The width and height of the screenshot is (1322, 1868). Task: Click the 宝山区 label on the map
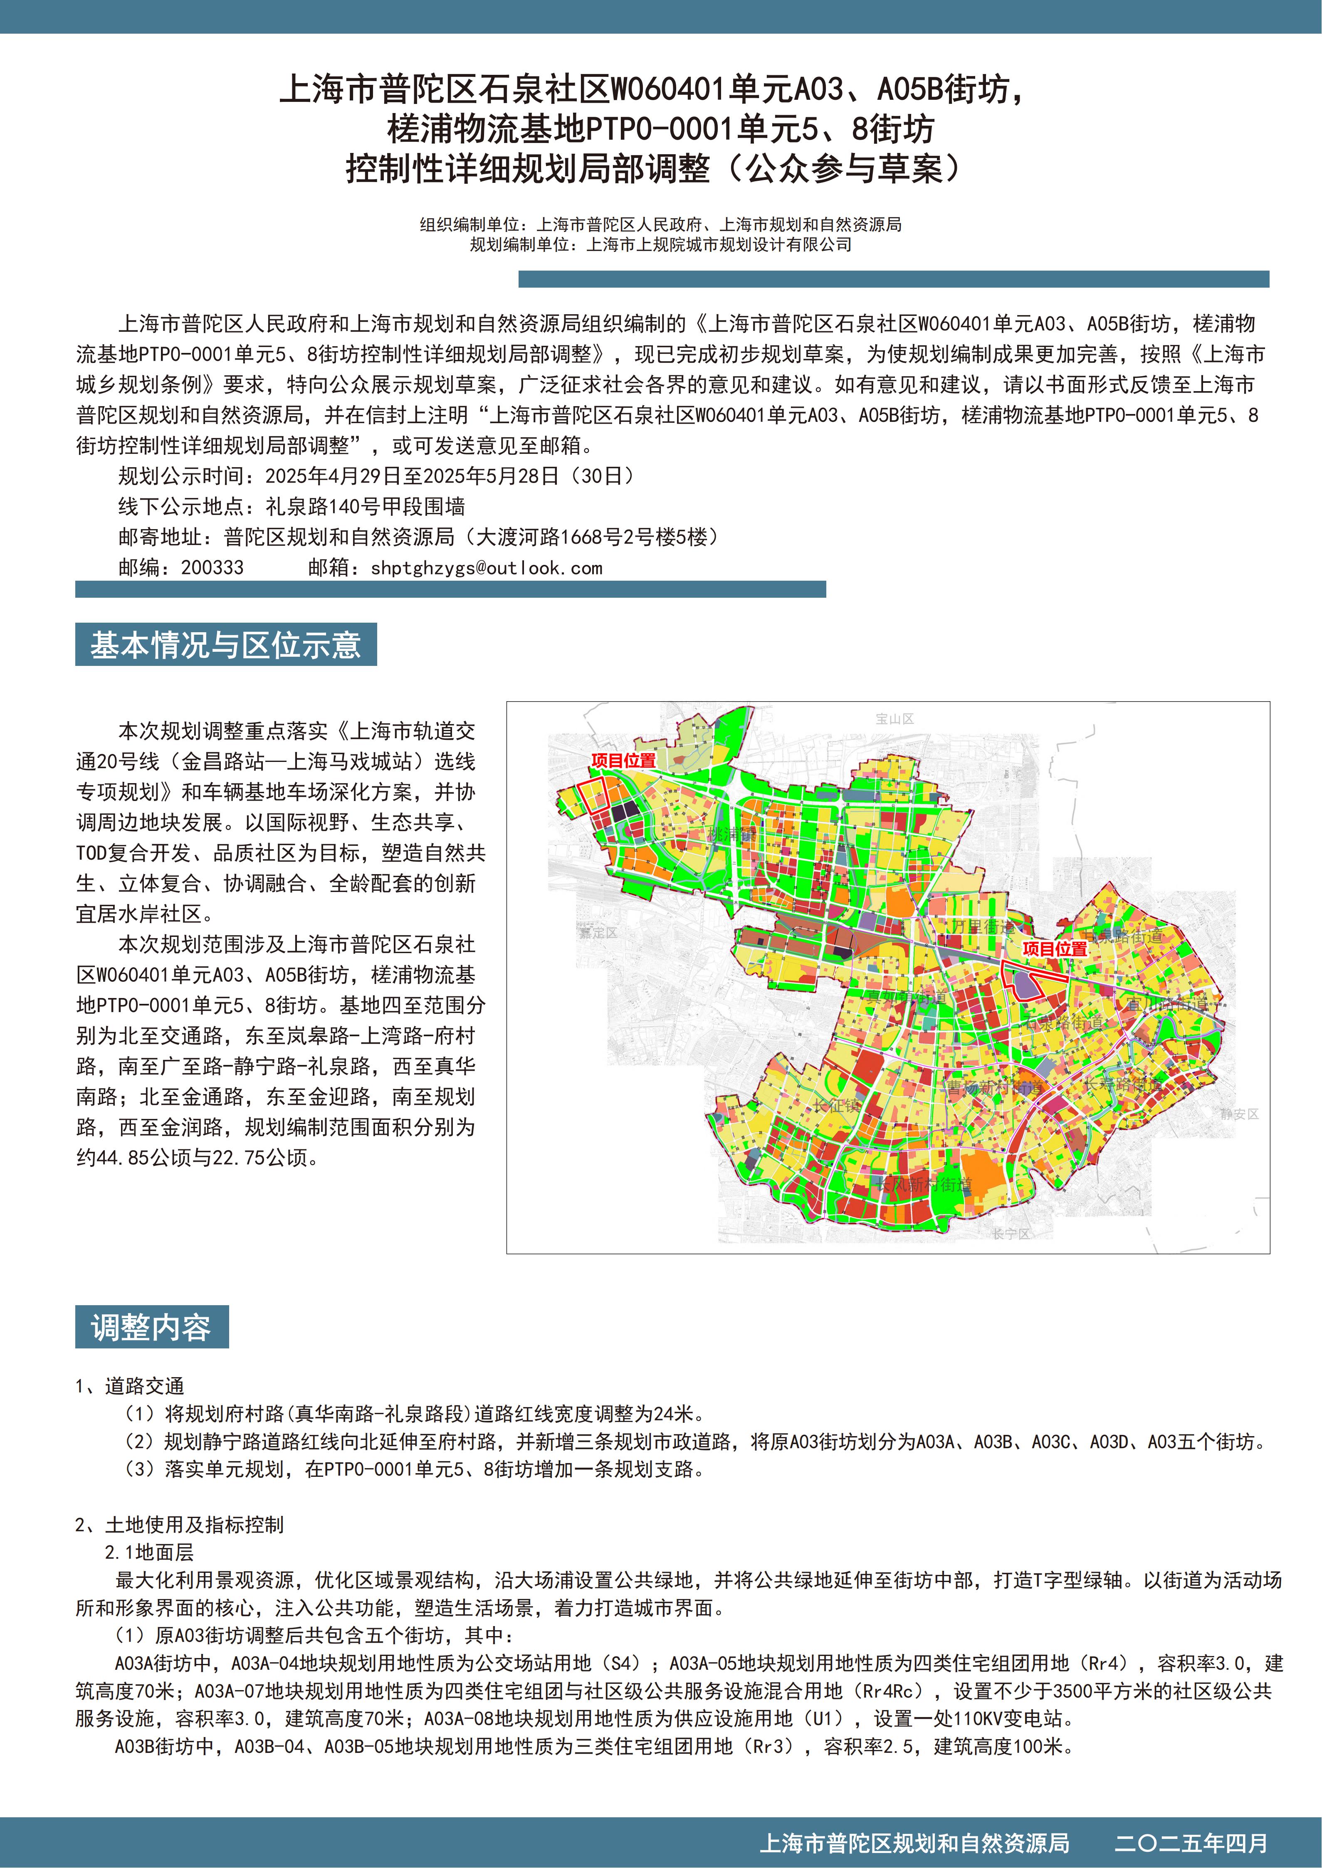[895, 718]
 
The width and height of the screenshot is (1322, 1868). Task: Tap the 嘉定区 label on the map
[598, 932]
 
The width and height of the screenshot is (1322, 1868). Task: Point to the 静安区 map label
[1239, 1114]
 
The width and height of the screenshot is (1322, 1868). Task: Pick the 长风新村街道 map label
[923, 1185]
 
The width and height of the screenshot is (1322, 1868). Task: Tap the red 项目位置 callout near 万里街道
[1054, 949]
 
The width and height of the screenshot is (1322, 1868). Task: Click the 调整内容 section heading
[151, 1327]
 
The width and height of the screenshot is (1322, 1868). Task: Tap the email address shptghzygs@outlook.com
[486, 568]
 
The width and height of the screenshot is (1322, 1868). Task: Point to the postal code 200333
[212, 568]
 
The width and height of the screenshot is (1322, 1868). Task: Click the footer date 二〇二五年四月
[1191, 1843]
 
